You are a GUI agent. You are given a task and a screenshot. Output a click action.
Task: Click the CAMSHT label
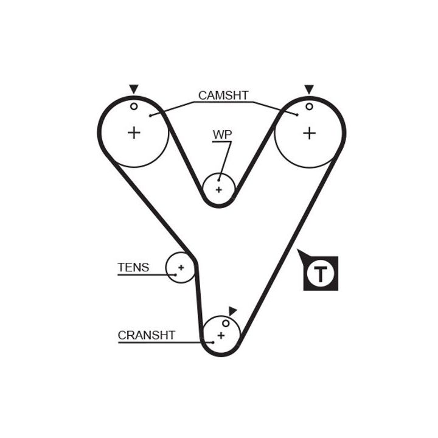tap(223, 96)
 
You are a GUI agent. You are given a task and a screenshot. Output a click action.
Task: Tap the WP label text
tap(222, 134)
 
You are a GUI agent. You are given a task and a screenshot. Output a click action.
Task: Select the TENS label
tap(133, 267)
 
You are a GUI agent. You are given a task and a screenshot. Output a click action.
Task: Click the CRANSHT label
tap(147, 335)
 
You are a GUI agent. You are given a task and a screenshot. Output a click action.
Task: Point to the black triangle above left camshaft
tap(134, 89)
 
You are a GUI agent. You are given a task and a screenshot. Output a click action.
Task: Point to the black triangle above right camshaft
tap(309, 89)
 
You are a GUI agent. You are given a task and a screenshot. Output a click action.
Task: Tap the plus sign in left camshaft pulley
tap(134, 132)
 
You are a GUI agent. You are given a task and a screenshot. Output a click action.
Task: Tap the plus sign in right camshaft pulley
tap(310, 132)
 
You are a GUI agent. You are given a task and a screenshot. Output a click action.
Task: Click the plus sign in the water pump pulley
tap(219, 189)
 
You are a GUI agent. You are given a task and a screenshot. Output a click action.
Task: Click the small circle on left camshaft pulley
tap(134, 106)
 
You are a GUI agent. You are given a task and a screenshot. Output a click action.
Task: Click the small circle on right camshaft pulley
tap(309, 106)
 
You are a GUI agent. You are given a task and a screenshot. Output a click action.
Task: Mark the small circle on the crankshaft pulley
tap(225, 322)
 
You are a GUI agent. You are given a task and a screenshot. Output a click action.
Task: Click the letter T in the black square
tap(320, 273)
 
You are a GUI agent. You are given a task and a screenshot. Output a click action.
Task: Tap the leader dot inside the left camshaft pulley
tap(150, 115)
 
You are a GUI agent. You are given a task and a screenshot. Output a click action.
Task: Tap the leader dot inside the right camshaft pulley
tap(296, 114)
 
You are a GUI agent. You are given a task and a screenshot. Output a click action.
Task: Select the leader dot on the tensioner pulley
tap(175, 275)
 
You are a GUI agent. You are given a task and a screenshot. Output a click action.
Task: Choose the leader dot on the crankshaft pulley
tap(213, 342)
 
